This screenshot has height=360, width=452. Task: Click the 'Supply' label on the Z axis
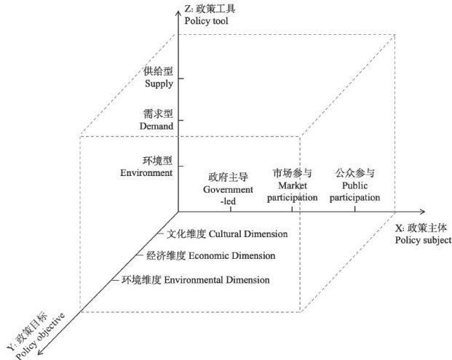click(159, 84)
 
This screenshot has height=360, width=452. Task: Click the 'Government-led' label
click(229, 193)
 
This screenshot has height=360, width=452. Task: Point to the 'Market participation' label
click(293, 193)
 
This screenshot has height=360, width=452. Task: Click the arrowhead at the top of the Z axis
click(177, 11)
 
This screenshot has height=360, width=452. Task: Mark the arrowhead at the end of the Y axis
click(39, 354)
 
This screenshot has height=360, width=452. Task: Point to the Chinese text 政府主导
click(229, 177)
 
